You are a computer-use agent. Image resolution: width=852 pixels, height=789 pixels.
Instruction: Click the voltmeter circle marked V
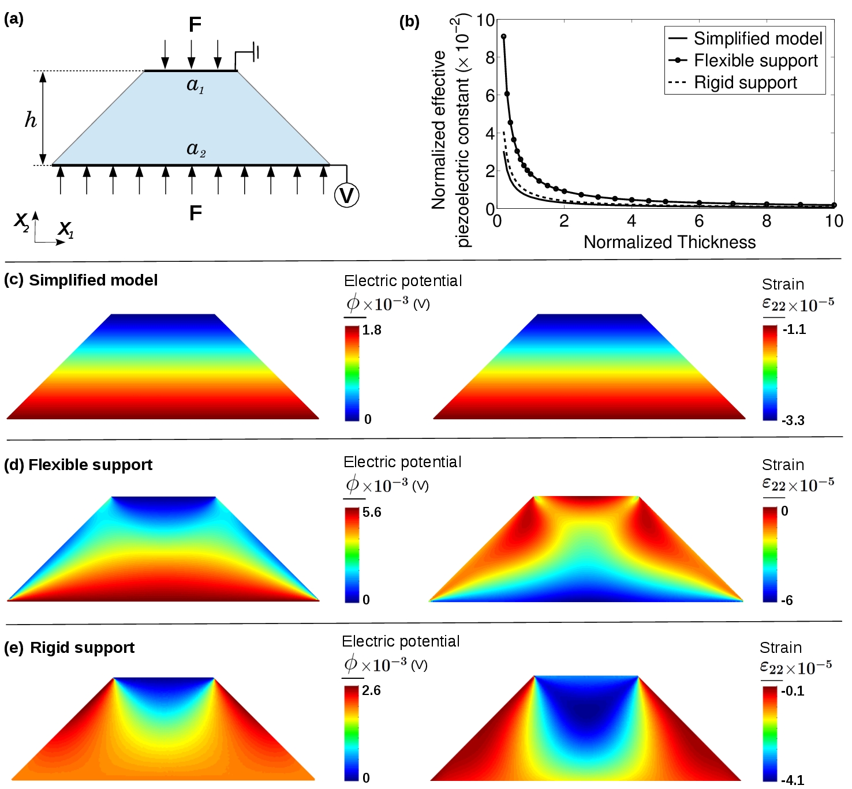pos(346,196)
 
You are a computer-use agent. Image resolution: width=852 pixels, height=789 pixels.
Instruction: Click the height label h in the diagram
pos(31,119)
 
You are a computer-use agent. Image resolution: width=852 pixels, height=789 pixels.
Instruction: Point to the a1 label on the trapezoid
pos(195,85)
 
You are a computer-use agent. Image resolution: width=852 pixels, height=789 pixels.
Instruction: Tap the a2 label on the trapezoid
pos(196,149)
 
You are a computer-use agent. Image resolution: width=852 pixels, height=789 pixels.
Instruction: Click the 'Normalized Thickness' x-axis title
pos(669,242)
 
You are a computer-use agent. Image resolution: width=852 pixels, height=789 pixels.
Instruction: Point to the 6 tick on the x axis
pos(699,221)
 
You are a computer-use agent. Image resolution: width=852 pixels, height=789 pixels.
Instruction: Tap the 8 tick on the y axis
pos(490,57)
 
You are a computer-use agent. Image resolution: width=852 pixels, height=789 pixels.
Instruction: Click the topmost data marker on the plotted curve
pos(503,36)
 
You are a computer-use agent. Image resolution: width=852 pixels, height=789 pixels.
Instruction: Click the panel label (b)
pos(409,22)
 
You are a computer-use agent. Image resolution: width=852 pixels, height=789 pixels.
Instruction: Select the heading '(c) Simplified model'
pos(81,280)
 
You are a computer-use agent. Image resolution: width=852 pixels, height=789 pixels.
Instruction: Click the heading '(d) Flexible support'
pos(79,465)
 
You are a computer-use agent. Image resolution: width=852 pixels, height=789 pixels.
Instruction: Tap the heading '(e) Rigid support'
pos(69,648)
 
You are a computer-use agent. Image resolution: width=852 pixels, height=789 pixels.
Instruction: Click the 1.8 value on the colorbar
pos(372,330)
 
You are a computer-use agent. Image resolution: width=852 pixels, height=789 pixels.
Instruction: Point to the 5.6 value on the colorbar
pos(372,512)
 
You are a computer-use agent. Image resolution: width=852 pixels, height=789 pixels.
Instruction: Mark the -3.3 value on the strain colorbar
pos(793,420)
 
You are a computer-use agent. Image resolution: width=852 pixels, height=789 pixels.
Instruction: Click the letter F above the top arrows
pos(195,24)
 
